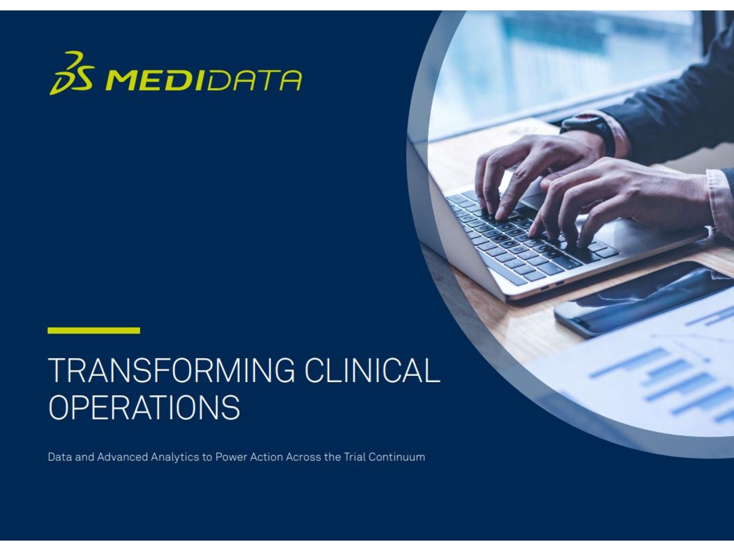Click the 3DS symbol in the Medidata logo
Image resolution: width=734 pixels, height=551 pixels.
(72, 73)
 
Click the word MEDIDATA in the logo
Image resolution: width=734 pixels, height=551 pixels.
(204, 80)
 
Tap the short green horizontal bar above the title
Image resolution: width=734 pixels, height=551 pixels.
(94, 331)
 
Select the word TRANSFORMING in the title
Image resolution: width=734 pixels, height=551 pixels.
(171, 370)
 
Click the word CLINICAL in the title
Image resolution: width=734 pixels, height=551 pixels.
(372, 370)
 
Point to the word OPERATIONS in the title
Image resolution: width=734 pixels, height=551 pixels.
(144, 407)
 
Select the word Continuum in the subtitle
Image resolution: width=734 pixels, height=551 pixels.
(396, 457)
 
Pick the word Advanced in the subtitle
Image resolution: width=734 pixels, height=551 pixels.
(122, 457)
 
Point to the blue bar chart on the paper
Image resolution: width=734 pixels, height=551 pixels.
(669, 384)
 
